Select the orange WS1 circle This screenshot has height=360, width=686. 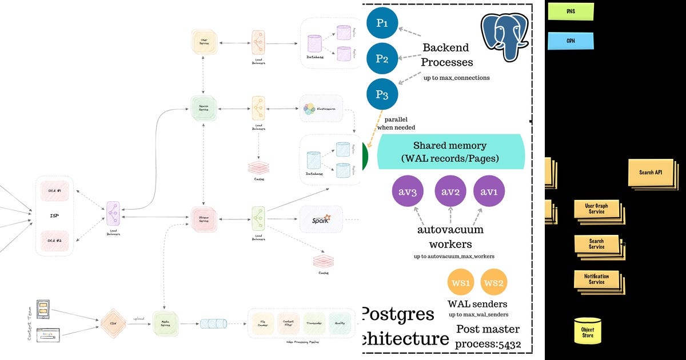coord(461,282)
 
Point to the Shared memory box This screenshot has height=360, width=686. coord(450,151)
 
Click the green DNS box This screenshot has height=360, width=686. coord(571,11)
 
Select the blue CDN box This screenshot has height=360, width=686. coord(571,41)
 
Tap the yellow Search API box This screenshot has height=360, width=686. coord(651,172)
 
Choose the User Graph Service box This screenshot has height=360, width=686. coord(596,209)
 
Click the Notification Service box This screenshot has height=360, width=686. coord(596,279)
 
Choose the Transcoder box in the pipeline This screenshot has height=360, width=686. coord(315,323)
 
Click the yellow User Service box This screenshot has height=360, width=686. coord(204,42)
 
